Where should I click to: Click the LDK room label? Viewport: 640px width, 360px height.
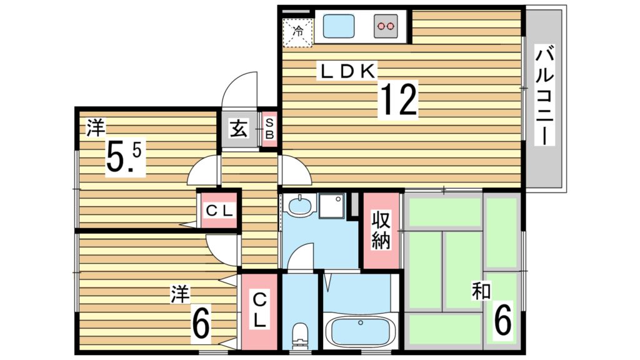(x=347, y=72)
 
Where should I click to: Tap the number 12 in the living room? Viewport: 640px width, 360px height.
(x=398, y=100)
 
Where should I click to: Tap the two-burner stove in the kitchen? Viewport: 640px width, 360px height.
(x=386, y=27)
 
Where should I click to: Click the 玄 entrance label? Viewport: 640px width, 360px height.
(x=239, y=130)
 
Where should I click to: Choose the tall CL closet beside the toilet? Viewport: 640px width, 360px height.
(x=259, y=311)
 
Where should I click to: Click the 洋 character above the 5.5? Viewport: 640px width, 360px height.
(x=95, y=128)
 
